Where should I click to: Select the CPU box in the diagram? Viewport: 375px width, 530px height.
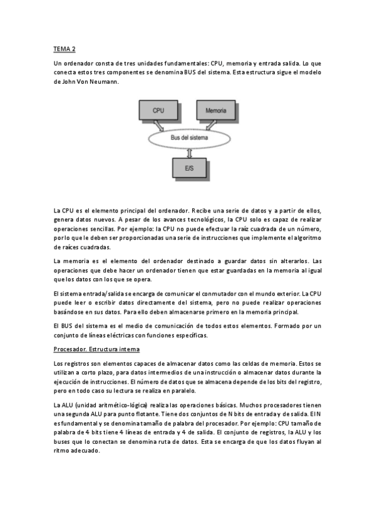coord(159,110)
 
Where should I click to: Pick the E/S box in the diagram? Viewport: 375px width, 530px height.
coord(190,167)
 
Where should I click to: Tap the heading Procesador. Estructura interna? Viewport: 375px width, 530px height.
coord(96,347)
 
